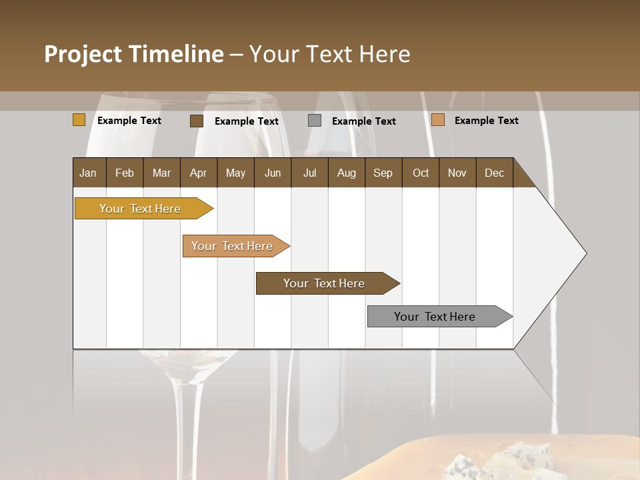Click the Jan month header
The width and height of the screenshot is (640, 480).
(88, 173)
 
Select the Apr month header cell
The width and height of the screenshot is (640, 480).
(198, 173)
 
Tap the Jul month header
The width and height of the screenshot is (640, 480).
(309, 173)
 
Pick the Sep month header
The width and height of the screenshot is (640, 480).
(383, 173)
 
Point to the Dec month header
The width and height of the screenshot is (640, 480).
(494, 173)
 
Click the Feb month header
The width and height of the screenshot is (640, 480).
(125, 173)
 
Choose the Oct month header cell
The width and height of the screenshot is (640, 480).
(421, 173)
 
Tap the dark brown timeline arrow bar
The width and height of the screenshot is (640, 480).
(325, 283)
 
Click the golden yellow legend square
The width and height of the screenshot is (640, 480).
(79, 120)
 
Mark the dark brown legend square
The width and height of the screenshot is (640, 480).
(197, 121)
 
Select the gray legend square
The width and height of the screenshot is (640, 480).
(315, 120)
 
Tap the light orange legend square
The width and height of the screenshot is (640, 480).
(438, 120)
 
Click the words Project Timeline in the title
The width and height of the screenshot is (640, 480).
(133, 54)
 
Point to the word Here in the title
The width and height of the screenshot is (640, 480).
(384, 54)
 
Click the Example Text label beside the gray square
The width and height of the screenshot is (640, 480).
(364, 121)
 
